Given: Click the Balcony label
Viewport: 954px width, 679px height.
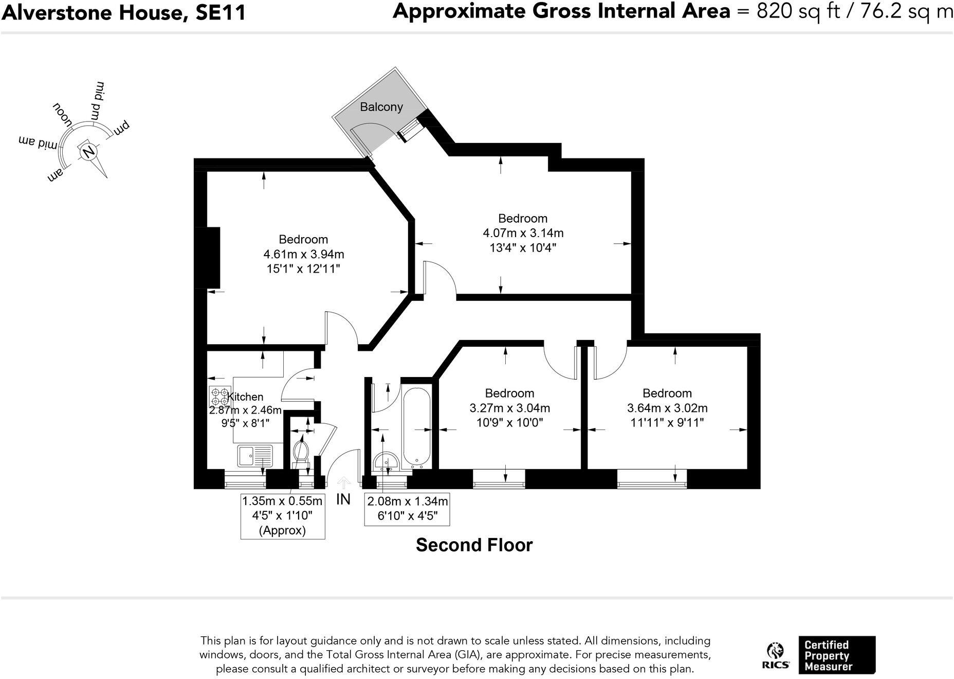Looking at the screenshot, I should click(381, 107).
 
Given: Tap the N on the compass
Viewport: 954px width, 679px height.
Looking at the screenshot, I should click(89, 151).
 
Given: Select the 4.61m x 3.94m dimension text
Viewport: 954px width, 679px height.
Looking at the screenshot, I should click(303, 254).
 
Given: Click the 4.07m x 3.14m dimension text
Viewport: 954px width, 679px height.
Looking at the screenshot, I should click(523, 233).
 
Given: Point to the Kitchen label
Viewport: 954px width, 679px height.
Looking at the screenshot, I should click(246, 397).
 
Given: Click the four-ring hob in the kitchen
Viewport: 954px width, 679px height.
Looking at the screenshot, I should click(219, 396).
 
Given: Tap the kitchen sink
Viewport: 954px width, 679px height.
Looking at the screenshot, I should click(254, 456).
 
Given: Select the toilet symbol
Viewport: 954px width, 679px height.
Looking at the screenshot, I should click(300, 453).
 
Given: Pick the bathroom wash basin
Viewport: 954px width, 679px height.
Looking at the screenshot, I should click(386, 462).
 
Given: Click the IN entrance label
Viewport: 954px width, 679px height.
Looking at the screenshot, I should click(343, 499).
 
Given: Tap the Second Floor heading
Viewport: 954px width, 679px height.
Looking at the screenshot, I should click(474, 545).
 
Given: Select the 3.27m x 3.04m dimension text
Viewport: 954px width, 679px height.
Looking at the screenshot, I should click(509, 408).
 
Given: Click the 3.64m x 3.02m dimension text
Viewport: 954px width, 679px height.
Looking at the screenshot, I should click(667, 408).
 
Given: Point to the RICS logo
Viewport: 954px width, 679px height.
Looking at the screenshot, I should click(775, 655).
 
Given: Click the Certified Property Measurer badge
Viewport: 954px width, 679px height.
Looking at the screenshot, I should click(836, 655).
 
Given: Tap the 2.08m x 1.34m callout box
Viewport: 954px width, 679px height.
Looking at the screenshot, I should click(407, 509).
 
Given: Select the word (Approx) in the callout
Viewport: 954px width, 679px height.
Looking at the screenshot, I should click(282, 530).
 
